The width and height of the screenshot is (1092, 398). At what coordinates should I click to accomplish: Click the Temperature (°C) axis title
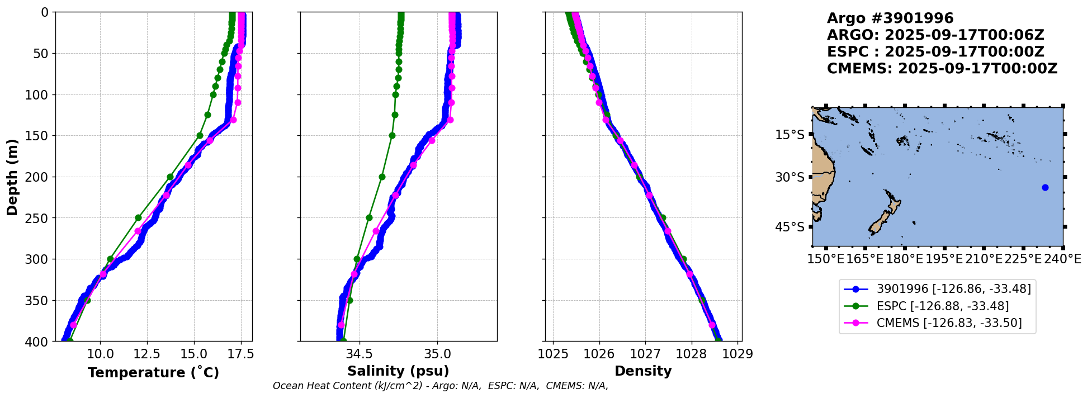pyautogui.click(x=153, y=372)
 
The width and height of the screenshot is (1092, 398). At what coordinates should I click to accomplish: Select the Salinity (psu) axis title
pyautogui.click(x=398, y=371)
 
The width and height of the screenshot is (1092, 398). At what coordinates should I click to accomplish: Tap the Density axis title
pyautogui.click(x=643, y=371)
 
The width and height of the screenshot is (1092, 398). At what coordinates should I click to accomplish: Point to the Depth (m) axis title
pyautogui.click(x=12, y=177)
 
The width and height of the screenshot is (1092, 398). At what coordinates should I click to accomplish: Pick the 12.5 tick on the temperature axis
pyautogui.click(x=147, y=354)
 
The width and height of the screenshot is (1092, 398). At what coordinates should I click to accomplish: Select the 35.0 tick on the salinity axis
pyautogui.click(x=437, y=354)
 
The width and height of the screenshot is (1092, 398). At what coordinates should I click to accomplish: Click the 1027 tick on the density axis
pyautogui.click(x=645, y=354)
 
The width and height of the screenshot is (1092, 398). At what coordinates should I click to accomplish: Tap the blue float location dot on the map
pyautogui.click(x=1045, y=187)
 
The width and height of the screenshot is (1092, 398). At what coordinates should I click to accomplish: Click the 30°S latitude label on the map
pyautogui.click(x=790, y=177)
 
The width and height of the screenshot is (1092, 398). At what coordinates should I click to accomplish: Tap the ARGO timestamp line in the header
pyautogui.click(x=935, y=35)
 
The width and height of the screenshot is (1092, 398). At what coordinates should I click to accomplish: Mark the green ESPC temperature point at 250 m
pyautogui.click(x=138, y=217)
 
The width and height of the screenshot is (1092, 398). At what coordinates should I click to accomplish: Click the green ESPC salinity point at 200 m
pyautogui.click(x=382, y=177)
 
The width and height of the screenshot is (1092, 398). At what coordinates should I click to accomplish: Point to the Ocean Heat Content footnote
pyautogui.click(x=440, y=386)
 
